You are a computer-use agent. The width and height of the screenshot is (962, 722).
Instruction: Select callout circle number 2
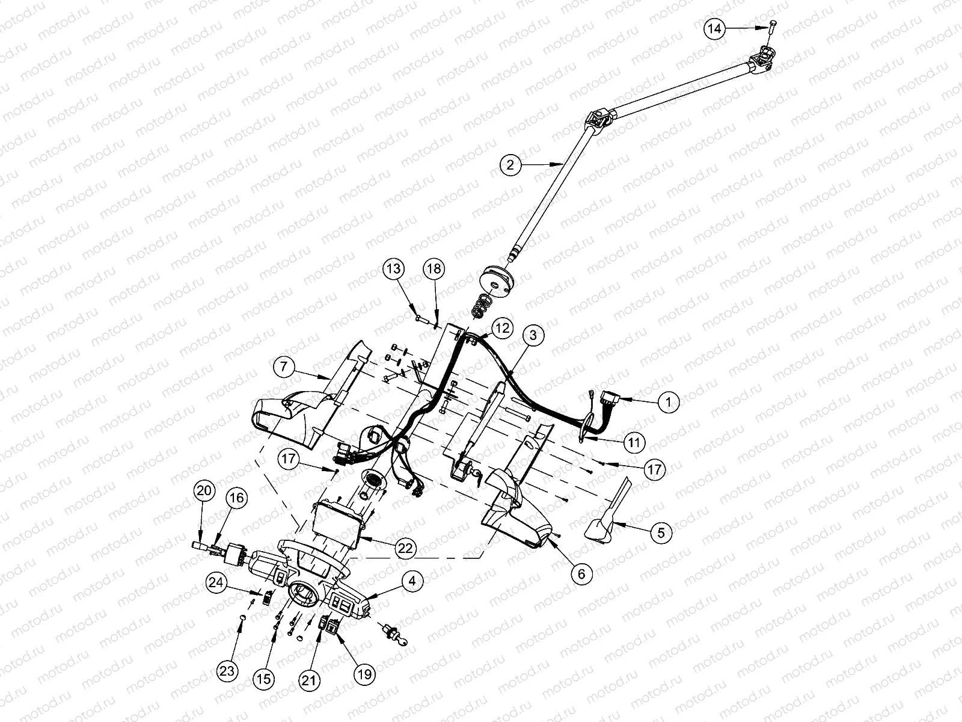(x=510, y=164)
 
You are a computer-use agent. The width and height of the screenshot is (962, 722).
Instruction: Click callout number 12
(x=502, y=328)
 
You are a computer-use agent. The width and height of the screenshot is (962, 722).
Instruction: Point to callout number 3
(x=533, y=336)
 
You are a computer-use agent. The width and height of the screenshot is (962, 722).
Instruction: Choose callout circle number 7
(x=283, y=366)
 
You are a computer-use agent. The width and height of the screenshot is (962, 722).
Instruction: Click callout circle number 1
(x=669, y=402)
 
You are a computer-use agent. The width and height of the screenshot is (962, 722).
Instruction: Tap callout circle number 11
(x=633, y=442)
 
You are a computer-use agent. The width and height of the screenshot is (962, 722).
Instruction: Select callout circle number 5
(x=660, y=532)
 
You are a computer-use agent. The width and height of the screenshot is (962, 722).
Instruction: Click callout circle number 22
(x=406, y=548)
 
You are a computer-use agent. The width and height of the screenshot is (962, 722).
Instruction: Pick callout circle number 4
(x=412, y=581)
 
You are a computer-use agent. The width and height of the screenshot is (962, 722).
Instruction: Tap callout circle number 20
(x=204, y=492)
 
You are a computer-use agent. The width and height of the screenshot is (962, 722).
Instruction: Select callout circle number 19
(x=364, y=675)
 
